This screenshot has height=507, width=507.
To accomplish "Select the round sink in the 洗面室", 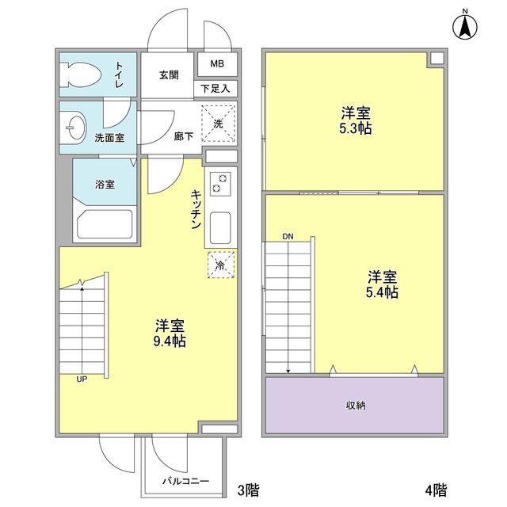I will [74, 126].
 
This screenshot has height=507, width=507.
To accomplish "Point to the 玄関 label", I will [168, 75].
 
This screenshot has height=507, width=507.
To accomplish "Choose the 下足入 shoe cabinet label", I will [215, 89].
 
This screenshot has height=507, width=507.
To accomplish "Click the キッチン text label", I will [194, 209].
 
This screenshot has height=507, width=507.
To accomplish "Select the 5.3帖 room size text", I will [356, 128].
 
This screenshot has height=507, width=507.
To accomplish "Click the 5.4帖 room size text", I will [382, 292].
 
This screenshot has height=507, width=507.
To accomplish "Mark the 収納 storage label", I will [355, 406].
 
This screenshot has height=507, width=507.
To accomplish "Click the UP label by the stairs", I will [82, 379].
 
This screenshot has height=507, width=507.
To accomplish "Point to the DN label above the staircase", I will [288, 236].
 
